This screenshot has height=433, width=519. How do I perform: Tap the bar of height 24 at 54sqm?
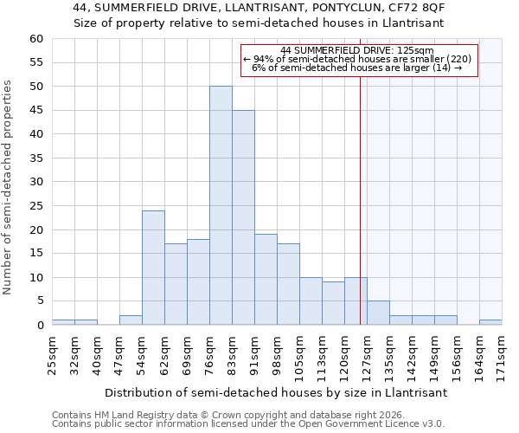coord(153,268)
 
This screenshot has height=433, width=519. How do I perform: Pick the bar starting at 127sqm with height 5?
coord(378,313)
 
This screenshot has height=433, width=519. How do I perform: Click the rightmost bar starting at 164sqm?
coord(490,322)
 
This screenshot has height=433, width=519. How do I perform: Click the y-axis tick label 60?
coord(35,39)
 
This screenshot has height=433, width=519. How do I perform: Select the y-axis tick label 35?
coord(35,158)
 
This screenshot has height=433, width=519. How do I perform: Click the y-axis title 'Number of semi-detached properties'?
coord(9,187)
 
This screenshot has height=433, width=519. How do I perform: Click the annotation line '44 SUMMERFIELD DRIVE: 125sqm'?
coord(357,50)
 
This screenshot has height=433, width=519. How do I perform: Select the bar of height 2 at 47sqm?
coord(131,320)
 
